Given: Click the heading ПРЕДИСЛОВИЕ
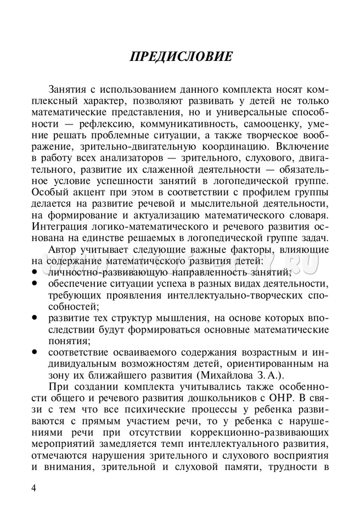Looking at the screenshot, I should pos(180,57).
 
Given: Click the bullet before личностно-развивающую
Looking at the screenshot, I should pos(34,272).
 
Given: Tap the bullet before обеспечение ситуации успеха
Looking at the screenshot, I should pos(34,283).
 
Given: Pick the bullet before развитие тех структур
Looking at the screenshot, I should pos(34,318).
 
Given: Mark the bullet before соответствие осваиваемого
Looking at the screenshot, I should pos(34,352).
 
